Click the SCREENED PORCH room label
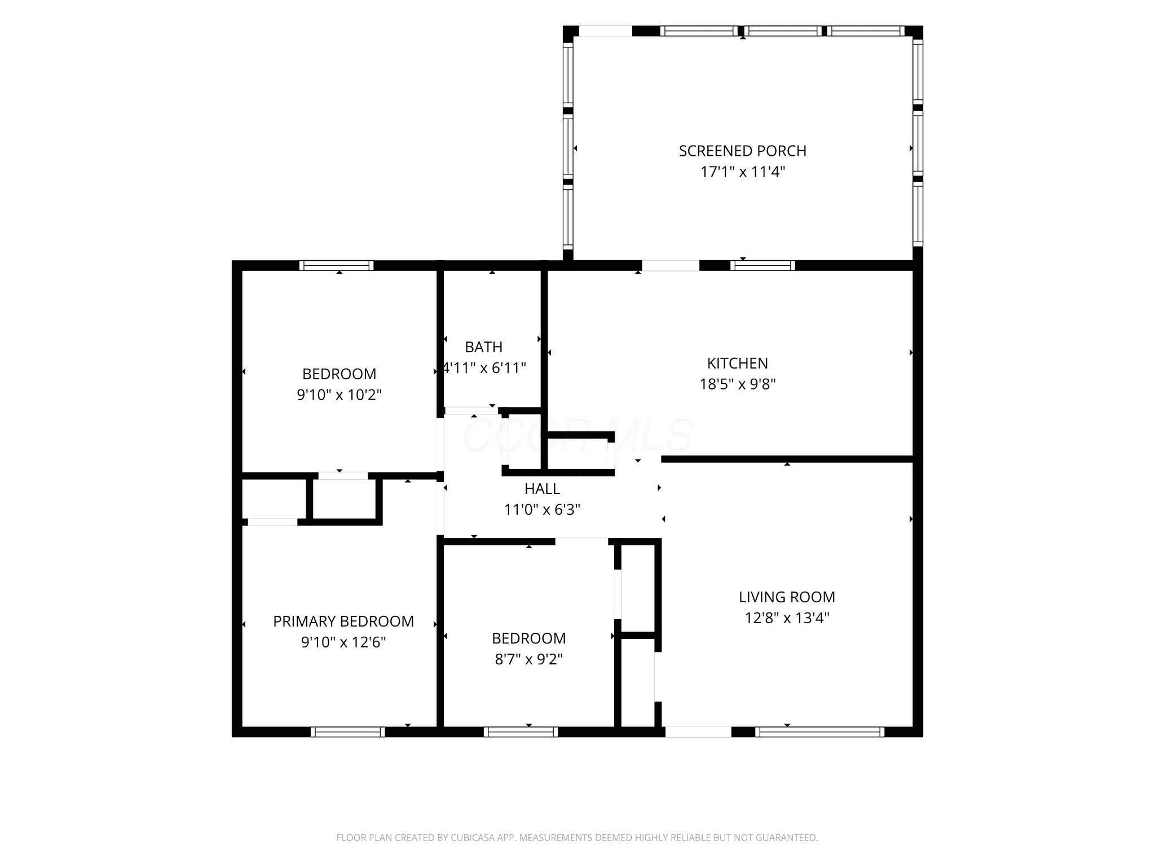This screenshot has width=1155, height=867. [x=742, y=151]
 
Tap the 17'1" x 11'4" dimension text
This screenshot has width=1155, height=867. [x=742, y=172]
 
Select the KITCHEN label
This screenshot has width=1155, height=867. [x=738, y=363]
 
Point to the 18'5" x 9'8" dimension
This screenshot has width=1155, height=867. [x=738, y=384]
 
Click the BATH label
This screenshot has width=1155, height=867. [x=484, y=347]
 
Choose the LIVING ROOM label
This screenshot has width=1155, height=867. [x=787, y=597]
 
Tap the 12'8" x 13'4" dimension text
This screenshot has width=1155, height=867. [x=787, y=618]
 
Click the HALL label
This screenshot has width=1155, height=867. [x=542, y=488]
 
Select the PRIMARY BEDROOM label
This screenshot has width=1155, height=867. [x=343, y=621]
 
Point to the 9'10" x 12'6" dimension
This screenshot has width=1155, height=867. [x=343, y=642]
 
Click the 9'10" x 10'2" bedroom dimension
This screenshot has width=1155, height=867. [x=340, y=395]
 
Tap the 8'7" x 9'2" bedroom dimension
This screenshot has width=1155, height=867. [x=529, y=659]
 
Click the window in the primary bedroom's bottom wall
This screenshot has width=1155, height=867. [x=348, y=732]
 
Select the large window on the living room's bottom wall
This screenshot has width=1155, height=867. [x=819, y=732]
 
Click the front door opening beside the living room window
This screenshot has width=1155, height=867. [x=698, y=732]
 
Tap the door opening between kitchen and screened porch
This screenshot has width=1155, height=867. [x=670, y=265]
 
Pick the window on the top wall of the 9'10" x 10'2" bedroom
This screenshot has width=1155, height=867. [x=336, y=265]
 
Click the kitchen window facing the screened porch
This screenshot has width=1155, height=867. [x=762, y=265]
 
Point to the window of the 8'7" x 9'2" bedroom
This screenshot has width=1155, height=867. [x=521, y=732]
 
